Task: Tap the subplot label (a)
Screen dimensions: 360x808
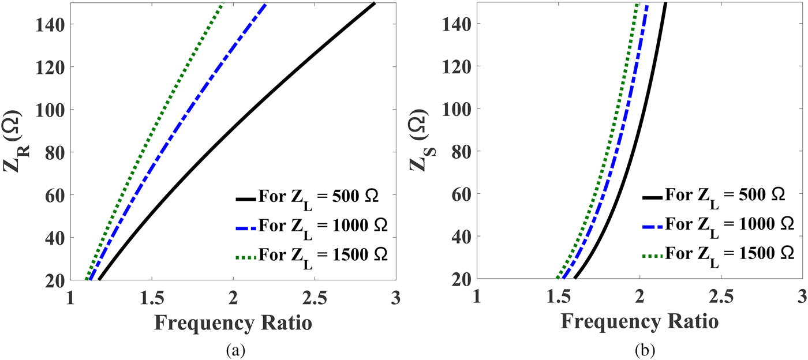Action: (x=233, y=349)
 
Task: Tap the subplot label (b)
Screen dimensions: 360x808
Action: (x=639, y=349)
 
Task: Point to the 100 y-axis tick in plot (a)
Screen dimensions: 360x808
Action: (x=52, y=110)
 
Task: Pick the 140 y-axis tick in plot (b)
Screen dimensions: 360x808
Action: (x=458, y=24)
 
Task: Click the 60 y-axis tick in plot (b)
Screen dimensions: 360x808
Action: (x=462, y=194)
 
